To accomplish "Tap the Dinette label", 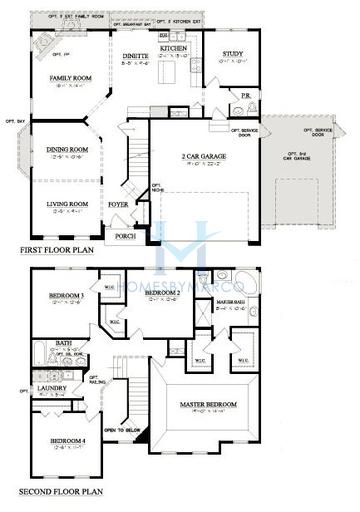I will point(136,56).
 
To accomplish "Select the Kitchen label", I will point(175,47).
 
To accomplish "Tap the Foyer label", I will point(118,204).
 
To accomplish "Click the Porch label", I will point(125,237).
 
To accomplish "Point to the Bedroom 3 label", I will point(65,297).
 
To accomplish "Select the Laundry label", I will point(51,387).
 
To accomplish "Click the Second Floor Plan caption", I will point(61,493).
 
